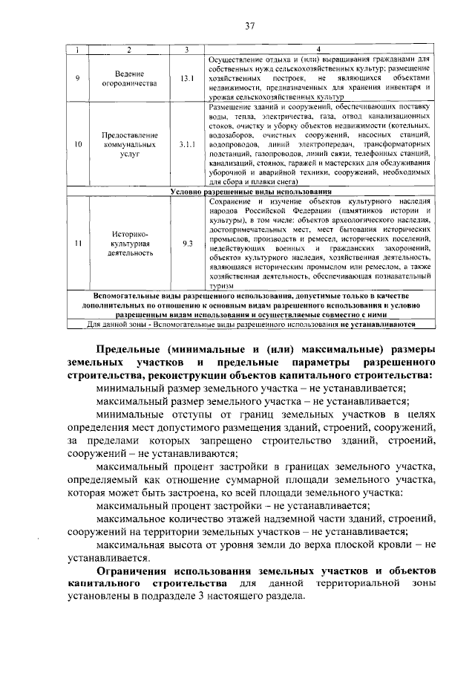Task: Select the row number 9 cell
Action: coord(78,78)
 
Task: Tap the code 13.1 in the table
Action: coord(186,78)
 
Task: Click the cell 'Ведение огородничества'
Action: coord(130,78)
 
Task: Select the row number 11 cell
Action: coord(78,243)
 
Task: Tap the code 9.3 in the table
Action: coord(186,243)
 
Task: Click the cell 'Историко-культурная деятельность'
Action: coord(130,243)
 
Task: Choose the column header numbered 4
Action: coord(319,49)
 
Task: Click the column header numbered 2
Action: coord(130,49)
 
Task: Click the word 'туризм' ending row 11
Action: coord(220,285)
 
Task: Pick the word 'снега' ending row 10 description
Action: coord(286,181)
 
